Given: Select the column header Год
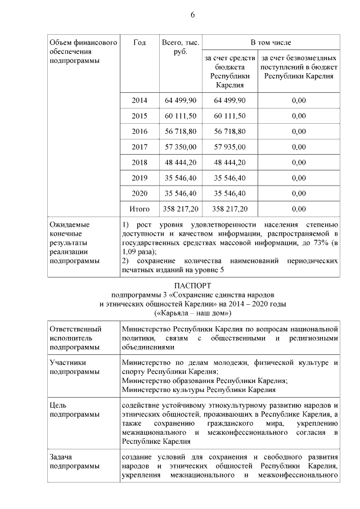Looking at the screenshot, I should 139,43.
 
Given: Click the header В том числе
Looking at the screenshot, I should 271,43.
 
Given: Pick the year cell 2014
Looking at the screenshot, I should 139,100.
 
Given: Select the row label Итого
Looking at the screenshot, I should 139,209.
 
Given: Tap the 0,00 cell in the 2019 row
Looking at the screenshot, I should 299,178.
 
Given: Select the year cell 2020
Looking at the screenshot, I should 139,193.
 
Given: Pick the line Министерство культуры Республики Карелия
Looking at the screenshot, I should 199,389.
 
